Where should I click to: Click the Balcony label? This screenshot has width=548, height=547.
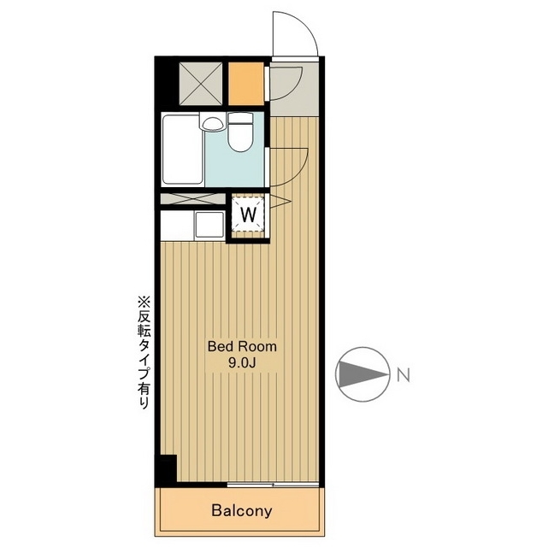click(241, 510)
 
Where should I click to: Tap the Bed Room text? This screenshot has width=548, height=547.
click(242, 346)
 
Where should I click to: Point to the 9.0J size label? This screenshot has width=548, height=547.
click(242, 363)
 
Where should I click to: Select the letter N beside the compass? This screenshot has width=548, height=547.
click(404, 375)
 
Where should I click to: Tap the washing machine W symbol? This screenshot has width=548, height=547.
click(249, 214)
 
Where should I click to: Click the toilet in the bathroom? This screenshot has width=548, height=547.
click(239, 132)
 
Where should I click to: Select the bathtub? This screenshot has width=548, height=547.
click(183, 150)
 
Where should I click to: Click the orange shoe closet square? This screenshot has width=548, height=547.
click(246, 83)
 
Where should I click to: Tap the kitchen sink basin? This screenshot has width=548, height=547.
click(209, 224)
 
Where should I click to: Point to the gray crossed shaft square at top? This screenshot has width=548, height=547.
click(201, 83)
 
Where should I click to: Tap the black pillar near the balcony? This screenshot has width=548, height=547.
click(167, 470)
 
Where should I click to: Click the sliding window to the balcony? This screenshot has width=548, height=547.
click(273, 485)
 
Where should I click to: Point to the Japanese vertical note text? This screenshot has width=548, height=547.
click(144, 352)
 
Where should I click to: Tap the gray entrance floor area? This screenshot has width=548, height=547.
click(294, 90)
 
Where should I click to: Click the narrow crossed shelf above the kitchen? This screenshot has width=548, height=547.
click(192, 199)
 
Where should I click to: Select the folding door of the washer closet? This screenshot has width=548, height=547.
click(280, 202)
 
